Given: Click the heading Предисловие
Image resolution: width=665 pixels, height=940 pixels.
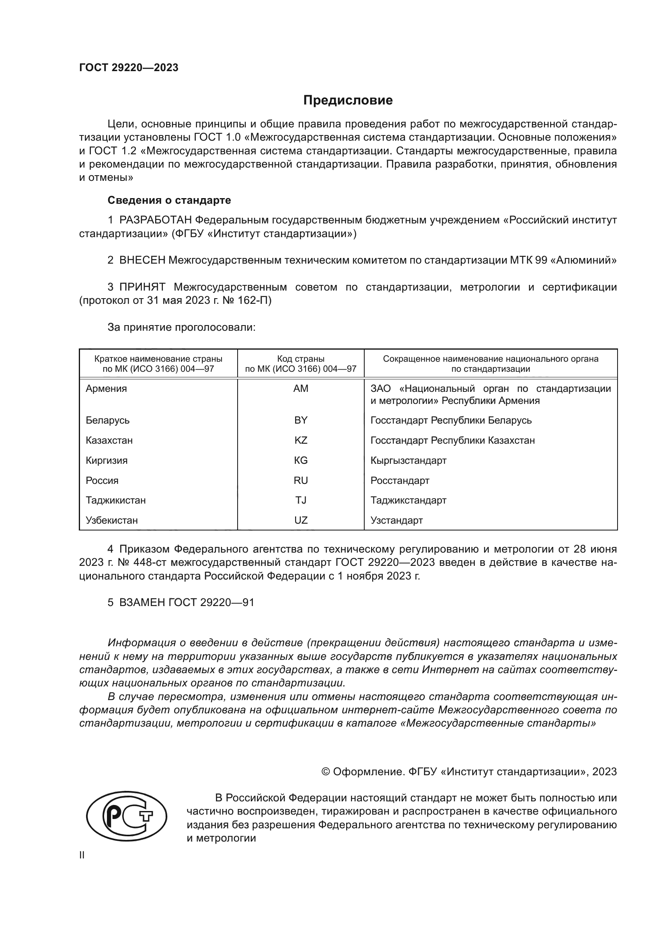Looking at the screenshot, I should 348,100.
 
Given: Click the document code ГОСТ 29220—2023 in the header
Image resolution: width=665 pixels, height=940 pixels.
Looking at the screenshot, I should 129,68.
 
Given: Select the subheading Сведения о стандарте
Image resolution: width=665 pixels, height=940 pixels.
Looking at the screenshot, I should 169,200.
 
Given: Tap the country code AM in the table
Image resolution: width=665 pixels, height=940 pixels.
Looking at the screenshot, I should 301,389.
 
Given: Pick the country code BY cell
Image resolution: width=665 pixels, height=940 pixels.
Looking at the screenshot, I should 301,420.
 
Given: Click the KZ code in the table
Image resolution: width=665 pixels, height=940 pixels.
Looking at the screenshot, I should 301,440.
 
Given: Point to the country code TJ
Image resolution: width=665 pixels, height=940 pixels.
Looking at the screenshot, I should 301,500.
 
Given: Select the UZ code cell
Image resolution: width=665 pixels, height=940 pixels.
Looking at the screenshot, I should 301,520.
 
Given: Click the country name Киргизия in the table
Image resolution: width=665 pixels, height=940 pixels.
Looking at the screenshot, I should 107,460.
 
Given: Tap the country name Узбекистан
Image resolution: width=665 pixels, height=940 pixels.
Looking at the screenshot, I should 111,520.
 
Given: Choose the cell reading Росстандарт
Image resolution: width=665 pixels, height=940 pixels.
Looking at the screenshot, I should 400,480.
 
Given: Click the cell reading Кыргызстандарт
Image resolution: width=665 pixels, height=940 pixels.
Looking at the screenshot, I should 408,460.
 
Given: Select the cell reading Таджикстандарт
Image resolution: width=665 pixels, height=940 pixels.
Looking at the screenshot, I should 408,500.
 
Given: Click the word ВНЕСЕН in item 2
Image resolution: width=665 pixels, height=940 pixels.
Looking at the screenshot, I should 142,260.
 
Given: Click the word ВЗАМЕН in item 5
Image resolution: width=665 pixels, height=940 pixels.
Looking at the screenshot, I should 142,603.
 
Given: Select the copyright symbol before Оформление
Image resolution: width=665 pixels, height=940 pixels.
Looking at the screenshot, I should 326,772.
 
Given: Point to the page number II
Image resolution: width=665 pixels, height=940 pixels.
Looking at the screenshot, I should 82,855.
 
